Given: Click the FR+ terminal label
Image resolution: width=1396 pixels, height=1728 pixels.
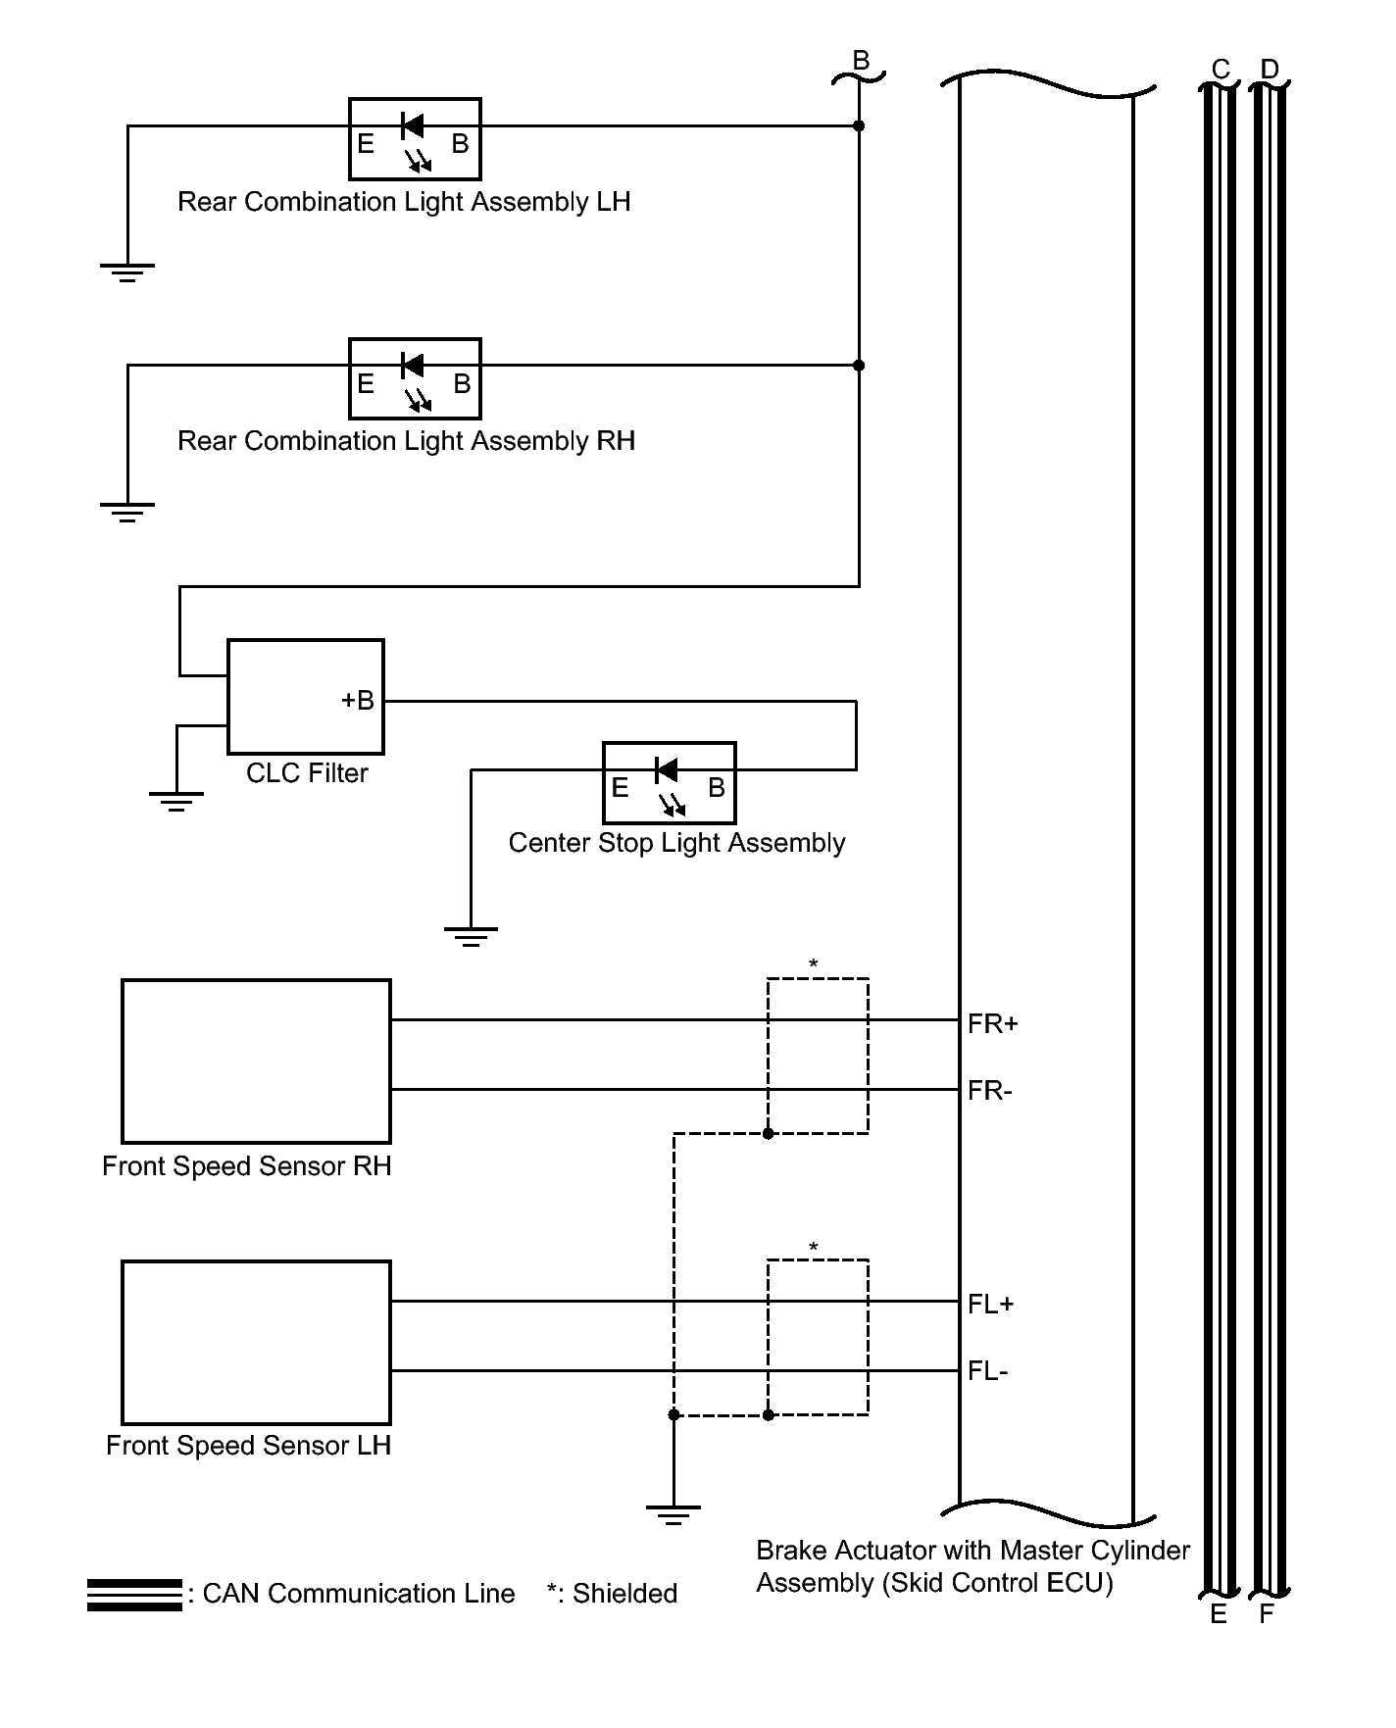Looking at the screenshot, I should tap(992, 1024).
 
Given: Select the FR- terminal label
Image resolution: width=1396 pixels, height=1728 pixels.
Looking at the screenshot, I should tap(989, 1091).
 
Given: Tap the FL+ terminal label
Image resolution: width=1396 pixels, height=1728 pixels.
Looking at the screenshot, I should tap(990, 1305).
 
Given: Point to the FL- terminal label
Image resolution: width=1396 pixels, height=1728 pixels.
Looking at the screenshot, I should tap(987, 1371).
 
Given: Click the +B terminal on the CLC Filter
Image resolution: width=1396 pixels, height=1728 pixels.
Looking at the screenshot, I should tap(358, 701).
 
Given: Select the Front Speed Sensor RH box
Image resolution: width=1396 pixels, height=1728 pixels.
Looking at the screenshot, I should tap(256, 1061).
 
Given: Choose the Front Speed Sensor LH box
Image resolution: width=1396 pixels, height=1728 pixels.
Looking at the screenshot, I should tap(256, 1343).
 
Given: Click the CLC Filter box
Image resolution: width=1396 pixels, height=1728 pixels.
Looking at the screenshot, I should tap(305, 697).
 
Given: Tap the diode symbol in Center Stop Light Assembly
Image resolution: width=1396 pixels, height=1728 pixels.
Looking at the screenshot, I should tap(667, 770).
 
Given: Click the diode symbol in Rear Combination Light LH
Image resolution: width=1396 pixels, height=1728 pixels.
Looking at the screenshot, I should tap(413, 125).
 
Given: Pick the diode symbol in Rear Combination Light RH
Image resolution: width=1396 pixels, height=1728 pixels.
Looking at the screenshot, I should tap(413, 366).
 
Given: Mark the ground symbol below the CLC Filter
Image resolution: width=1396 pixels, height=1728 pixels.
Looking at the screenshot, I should tap(176, 801).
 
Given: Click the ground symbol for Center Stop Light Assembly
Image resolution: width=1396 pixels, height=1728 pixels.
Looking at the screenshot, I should tap(471, 936).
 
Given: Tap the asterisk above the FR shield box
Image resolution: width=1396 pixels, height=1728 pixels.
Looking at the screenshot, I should tap(814, 965).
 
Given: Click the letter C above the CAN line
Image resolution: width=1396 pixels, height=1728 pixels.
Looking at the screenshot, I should tap(1221, 70).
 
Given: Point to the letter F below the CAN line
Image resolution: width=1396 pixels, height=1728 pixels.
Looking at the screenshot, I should tap(1267, 1614).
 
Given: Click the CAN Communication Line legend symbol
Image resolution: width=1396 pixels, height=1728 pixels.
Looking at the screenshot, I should tap(134, 1595).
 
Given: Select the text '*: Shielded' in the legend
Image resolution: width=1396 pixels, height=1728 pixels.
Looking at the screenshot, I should tap(612, 1594).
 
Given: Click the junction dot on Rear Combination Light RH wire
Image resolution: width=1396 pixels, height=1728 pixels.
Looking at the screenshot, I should tap(859, 366).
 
